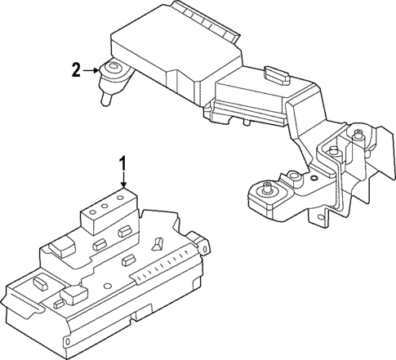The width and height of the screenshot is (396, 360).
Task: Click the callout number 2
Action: click(76, 70)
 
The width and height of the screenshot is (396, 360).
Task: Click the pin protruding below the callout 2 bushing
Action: click(105, 100)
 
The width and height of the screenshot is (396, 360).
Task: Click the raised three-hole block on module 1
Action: click(106, 207)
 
